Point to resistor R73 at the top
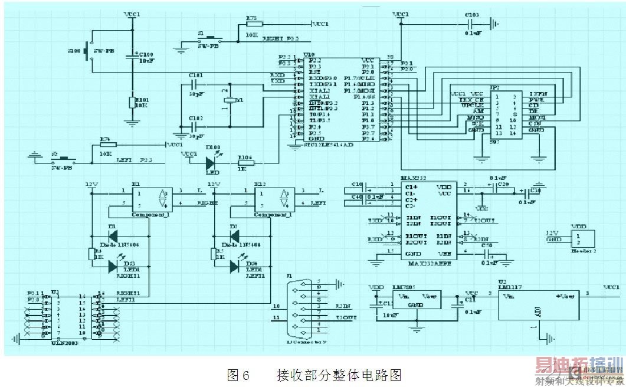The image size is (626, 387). coord(253,24)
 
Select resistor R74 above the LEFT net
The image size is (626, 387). coord(108,145)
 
